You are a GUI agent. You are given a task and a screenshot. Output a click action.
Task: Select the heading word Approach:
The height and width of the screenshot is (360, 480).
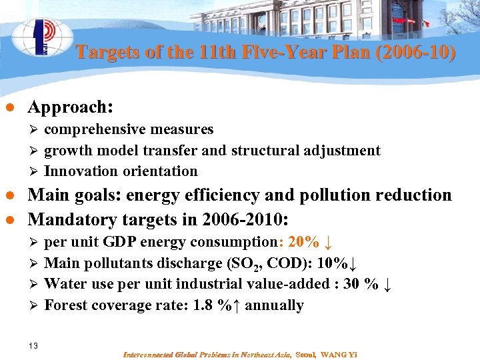coord(70,107)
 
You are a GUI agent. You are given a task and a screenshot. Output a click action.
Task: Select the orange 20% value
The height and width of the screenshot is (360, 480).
coord(304,241)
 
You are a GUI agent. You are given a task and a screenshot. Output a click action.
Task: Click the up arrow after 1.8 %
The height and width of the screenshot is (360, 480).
coord(236,306)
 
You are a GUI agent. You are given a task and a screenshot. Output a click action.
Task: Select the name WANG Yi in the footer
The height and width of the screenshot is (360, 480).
coord(339,354)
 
